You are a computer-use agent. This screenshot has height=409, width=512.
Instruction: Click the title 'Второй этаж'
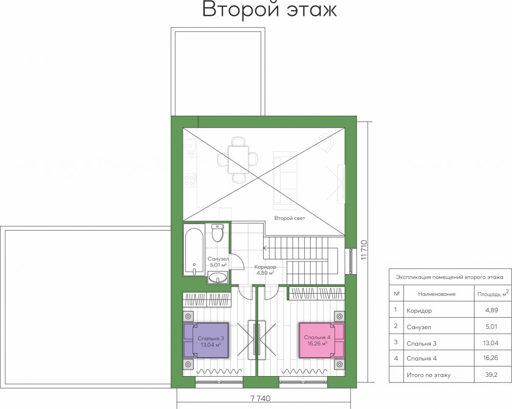pyautogui.click(x=269, y=10)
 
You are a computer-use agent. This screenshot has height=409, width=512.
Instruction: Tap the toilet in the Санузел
pyautogui.click(x=217, y=233)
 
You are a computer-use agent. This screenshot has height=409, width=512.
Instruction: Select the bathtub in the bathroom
pyautogui.click(x=194, y=252)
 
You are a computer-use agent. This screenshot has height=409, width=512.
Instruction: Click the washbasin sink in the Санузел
pyautogui.click(x=218, y=278)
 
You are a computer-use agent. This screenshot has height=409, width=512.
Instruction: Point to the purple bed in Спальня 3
pyautogui.click(x=206, y=341)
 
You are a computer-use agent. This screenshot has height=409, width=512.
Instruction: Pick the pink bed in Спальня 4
pyautogui.click(x=322, y=340)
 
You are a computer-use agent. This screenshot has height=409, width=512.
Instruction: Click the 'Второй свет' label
pyautogui.click(x=290, y=218)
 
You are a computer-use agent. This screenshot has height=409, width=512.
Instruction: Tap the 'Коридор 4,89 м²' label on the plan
pyautogui.click(x=265, y=270)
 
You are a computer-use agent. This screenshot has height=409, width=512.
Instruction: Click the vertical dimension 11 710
pyautogui.click(x=365, y=250)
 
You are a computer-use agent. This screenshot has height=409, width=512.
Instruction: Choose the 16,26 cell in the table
pyautogui.click(x=492, y=358)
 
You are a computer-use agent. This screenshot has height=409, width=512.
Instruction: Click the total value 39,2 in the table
pyautogui.click(x=492, y=375)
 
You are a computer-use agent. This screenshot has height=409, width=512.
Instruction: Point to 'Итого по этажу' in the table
pyautogui.click(x=429, y=375)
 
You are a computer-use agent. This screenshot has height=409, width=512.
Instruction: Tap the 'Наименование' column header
pyautogui.click(x=437, y=294)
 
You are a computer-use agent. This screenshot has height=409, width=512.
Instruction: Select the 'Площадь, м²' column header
pyautogui.click(x=493, y=293)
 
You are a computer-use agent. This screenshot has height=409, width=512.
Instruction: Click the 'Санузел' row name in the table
pyautogui.click(x=419, y=327)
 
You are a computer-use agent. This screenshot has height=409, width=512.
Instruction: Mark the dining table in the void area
pyautogui.click(x=238, y=160)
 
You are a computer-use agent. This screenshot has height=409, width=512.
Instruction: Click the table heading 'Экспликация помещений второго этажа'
pyautogui.click(x=450, y=278)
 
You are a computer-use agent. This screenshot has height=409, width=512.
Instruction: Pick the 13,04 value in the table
pyautogui.click(x=492, y=343)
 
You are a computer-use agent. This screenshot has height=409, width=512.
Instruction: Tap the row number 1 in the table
pyautogui.click(x=396, y=310)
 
